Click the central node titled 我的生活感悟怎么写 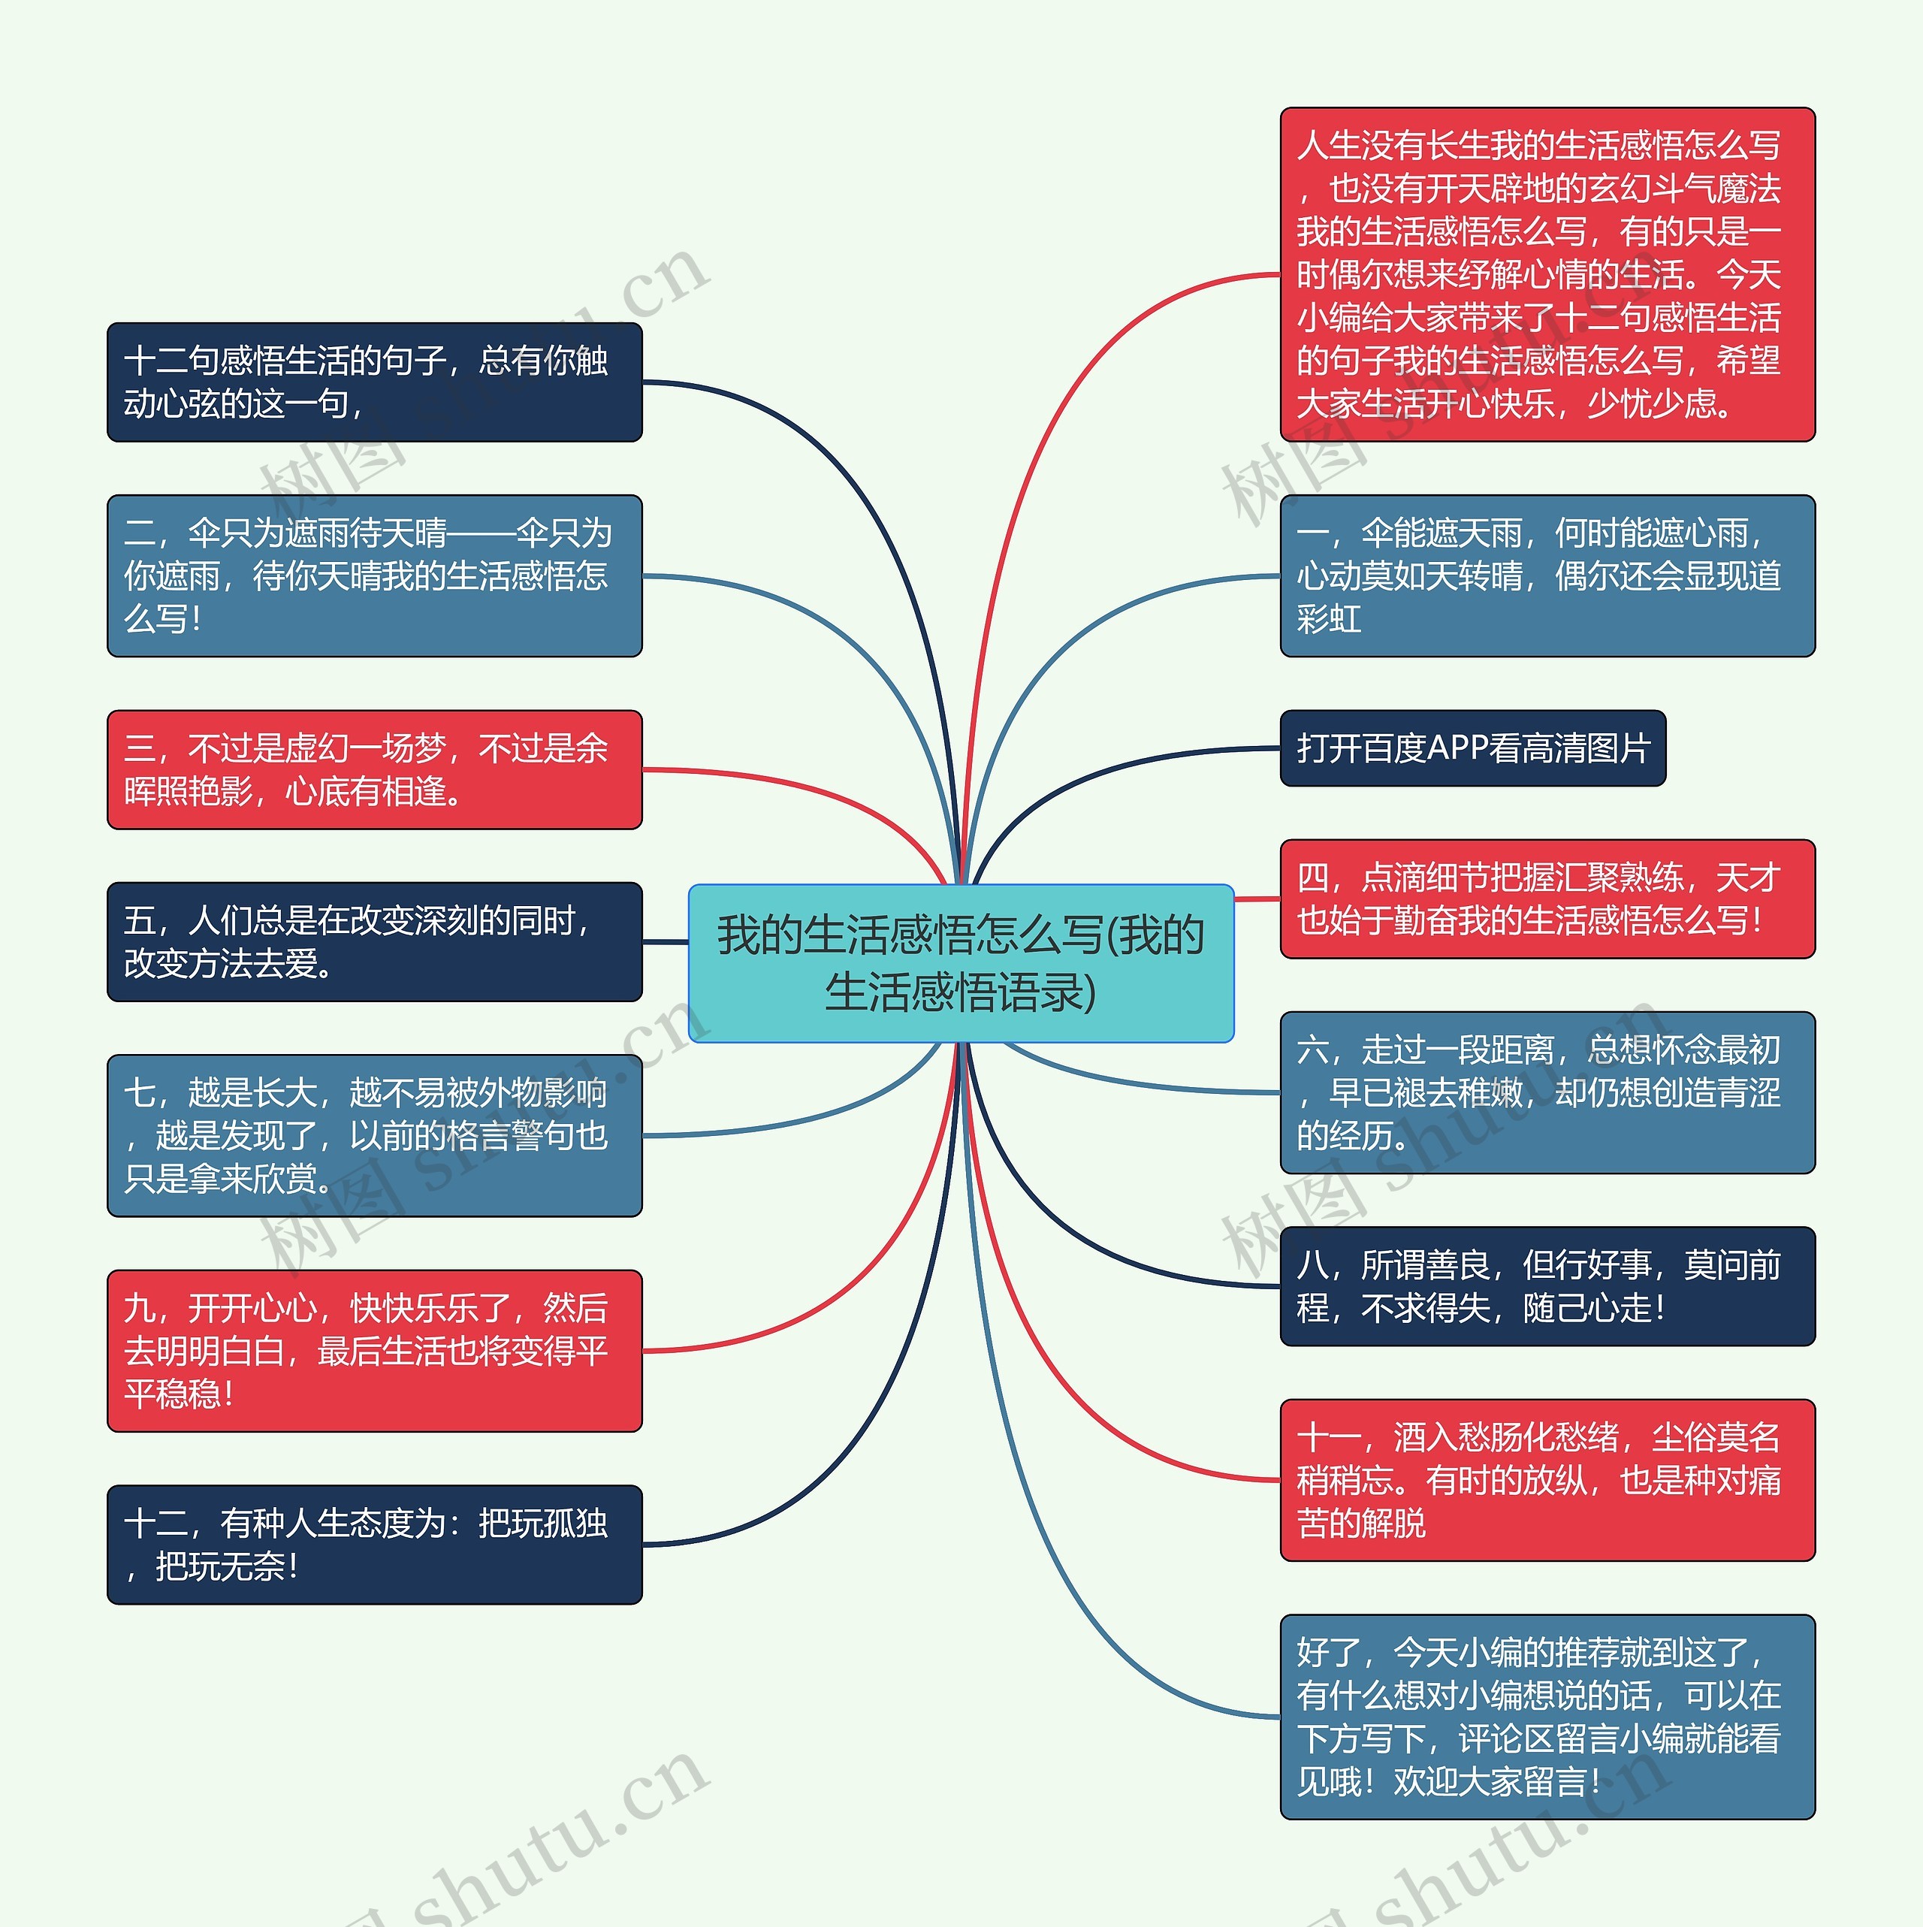point(961,962)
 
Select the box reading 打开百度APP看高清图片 point(1472,748)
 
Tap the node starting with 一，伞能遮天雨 point(1547,575)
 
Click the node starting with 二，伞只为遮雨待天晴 point(374,575)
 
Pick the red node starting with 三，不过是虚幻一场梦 point(374,769)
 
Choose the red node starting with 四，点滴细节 point(1547,899)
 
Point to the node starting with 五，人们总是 point(374,941)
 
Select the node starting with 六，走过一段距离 point(1547,1092)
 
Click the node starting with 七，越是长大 point(374,1135)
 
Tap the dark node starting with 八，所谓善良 point(1547,1285)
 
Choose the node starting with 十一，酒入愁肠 point(1547,1479)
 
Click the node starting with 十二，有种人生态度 point(374,1544)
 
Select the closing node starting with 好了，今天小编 point(1547,1717)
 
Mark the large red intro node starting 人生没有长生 point(1547,274)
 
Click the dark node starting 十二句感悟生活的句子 point(374,382)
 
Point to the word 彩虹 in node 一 point(1329,619)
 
